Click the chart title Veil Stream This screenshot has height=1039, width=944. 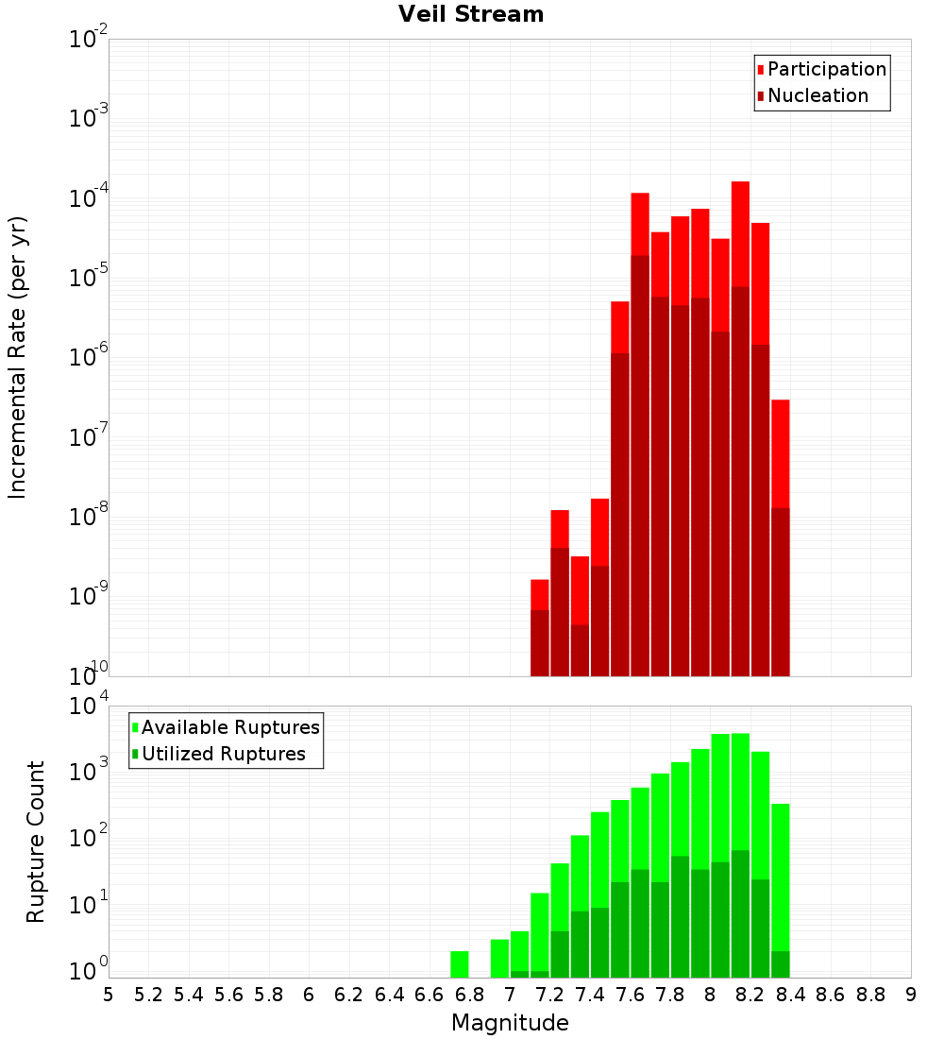471,14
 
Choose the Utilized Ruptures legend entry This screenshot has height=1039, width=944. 223,754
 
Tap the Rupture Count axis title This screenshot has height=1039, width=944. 36,841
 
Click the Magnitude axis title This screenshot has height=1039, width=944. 510,1023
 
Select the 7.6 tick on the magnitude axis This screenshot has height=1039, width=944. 630,994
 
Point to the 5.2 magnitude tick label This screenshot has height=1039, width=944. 148,994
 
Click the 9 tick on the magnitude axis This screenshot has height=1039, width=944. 911,994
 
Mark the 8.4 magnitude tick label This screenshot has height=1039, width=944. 790,994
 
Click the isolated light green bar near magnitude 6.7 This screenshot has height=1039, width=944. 460,963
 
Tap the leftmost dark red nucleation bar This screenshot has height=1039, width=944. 540,642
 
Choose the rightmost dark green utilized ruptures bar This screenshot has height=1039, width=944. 780,963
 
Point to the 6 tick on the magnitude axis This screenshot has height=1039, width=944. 309,994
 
